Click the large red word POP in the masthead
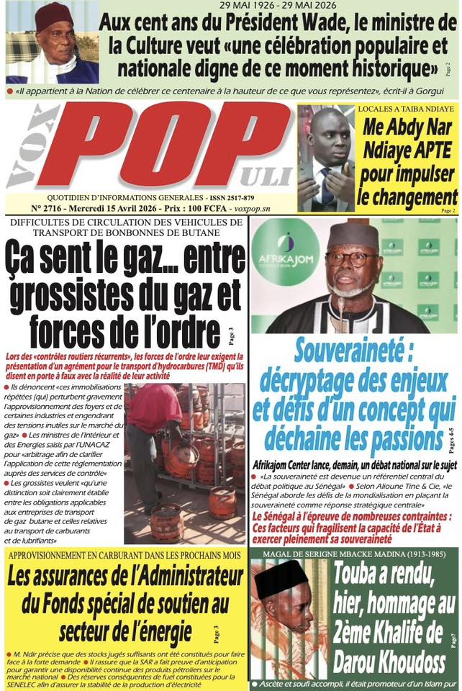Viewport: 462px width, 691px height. click(180, 148)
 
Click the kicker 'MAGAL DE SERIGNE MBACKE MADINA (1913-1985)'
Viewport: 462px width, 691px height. click(353, 552)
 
